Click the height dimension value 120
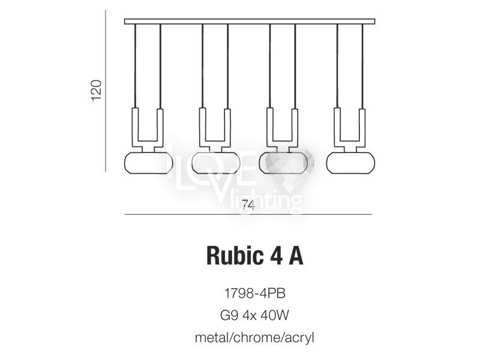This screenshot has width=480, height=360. point(96,91)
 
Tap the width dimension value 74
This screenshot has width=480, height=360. point(248,205)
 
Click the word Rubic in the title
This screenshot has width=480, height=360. point(234,256)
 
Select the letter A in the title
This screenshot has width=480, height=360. point(296,256)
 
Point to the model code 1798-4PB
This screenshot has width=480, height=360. point(255,293)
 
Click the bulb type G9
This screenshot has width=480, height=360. point(229,315)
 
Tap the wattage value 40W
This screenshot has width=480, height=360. point(275,315)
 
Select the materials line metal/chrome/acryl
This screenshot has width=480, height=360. point(254,338)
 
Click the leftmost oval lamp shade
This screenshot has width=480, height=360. point(148,163)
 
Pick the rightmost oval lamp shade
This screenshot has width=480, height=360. point(351,163)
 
